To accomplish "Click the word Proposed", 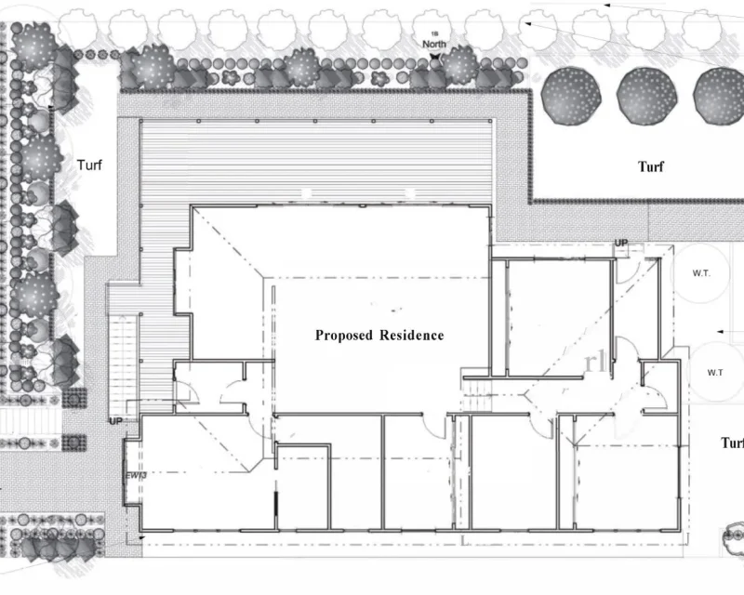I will [343, 336].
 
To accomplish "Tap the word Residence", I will [411, 336].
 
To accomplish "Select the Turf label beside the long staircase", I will [89, 165].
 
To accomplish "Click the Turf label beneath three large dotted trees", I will [651, 167].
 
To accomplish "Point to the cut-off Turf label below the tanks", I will [732, 443].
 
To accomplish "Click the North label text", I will [435, 44].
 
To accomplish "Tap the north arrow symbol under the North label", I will [435, 56].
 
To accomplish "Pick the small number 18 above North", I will [434, 33].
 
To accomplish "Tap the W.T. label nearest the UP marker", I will [702, 274].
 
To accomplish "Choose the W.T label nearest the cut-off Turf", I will [715, 372].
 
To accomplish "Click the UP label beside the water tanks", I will [621, 244].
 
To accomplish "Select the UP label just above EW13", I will [116, 421].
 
